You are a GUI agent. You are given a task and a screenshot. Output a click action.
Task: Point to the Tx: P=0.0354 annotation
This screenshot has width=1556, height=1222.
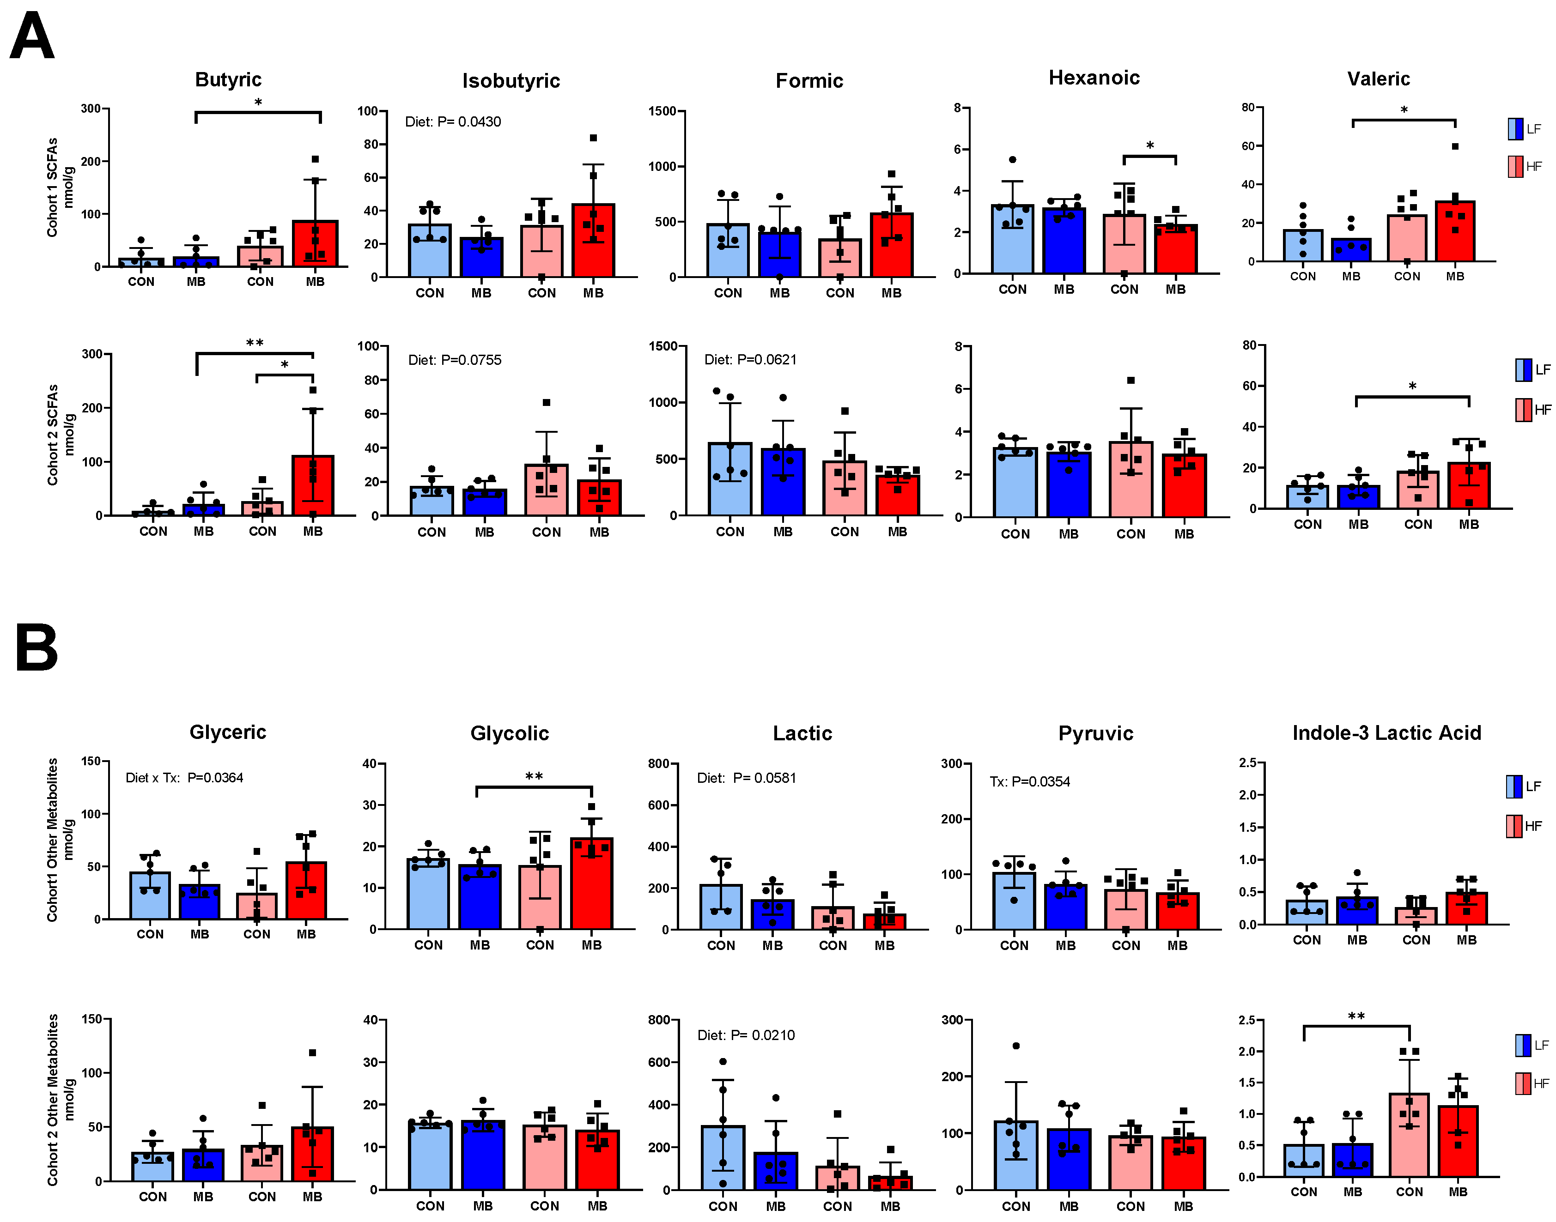point(1029,781)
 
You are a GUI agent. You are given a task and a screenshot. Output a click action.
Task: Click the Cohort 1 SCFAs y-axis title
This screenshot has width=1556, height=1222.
point(52,188)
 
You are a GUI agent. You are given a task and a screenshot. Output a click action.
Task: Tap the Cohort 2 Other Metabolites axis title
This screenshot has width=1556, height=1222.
point(52,1100)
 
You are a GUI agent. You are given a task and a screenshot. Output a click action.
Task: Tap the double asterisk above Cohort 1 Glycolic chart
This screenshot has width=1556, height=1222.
point(534,777)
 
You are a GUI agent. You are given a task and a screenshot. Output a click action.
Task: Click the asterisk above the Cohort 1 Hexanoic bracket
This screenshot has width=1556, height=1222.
point(1149,146)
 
